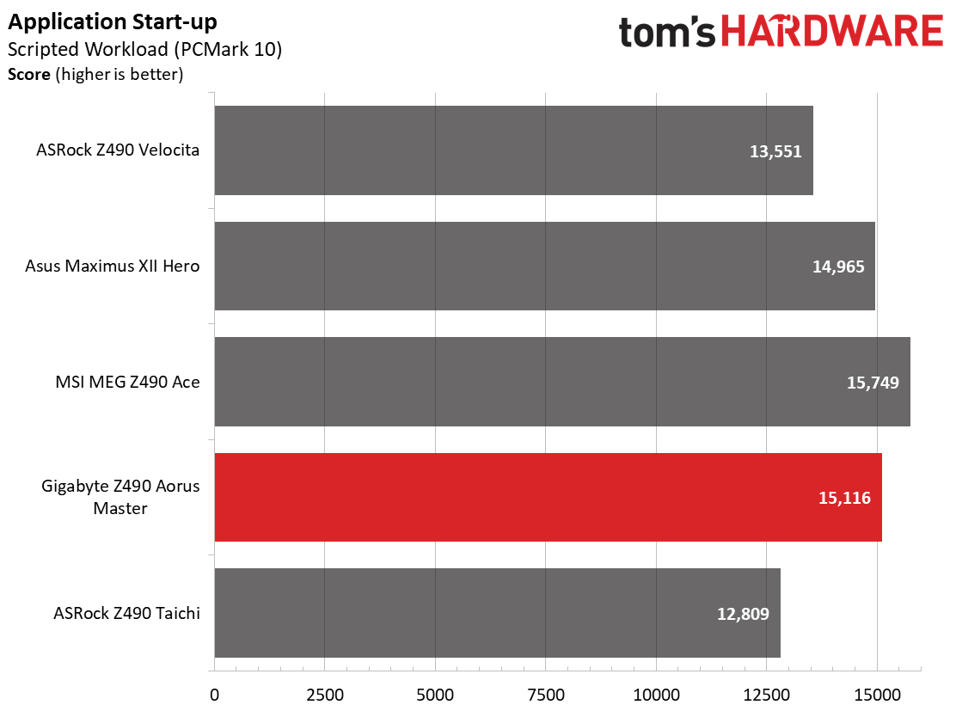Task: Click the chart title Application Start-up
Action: coord(112,22)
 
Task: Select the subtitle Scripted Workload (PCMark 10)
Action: coord(145,49)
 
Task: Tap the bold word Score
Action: coord(29,75)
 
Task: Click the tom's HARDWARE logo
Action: coord(781,31)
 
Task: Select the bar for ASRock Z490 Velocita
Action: coord(514,150)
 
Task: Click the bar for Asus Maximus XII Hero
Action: coord(544,266)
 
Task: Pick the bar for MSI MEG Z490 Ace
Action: coord(562,382)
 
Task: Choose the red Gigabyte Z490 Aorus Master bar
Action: coord(548,497)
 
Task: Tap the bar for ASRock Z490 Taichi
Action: coord(498,613)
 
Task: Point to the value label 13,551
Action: coord(775,151)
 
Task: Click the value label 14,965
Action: coord(838,267)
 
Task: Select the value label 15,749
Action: coord(873,383)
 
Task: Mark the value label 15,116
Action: coord(844,498)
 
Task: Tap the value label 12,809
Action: coord(743,613)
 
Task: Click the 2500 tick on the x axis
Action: coord(325,695)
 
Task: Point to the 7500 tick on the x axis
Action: coord(546,695)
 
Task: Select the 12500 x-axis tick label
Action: coord(766,695)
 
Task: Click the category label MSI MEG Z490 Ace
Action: coord(127,383)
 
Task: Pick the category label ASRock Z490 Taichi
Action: coord(127,613)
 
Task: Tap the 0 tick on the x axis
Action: coord(215,695)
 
